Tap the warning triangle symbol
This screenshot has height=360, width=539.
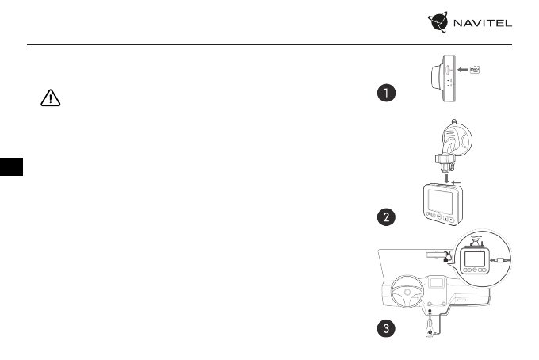[50, 98]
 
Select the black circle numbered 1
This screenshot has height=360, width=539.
[385, 94]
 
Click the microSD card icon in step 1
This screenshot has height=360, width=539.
[477, 70]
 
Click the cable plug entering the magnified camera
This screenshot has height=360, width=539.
[503, 259]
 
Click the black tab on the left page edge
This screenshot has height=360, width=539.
[10, 167]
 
